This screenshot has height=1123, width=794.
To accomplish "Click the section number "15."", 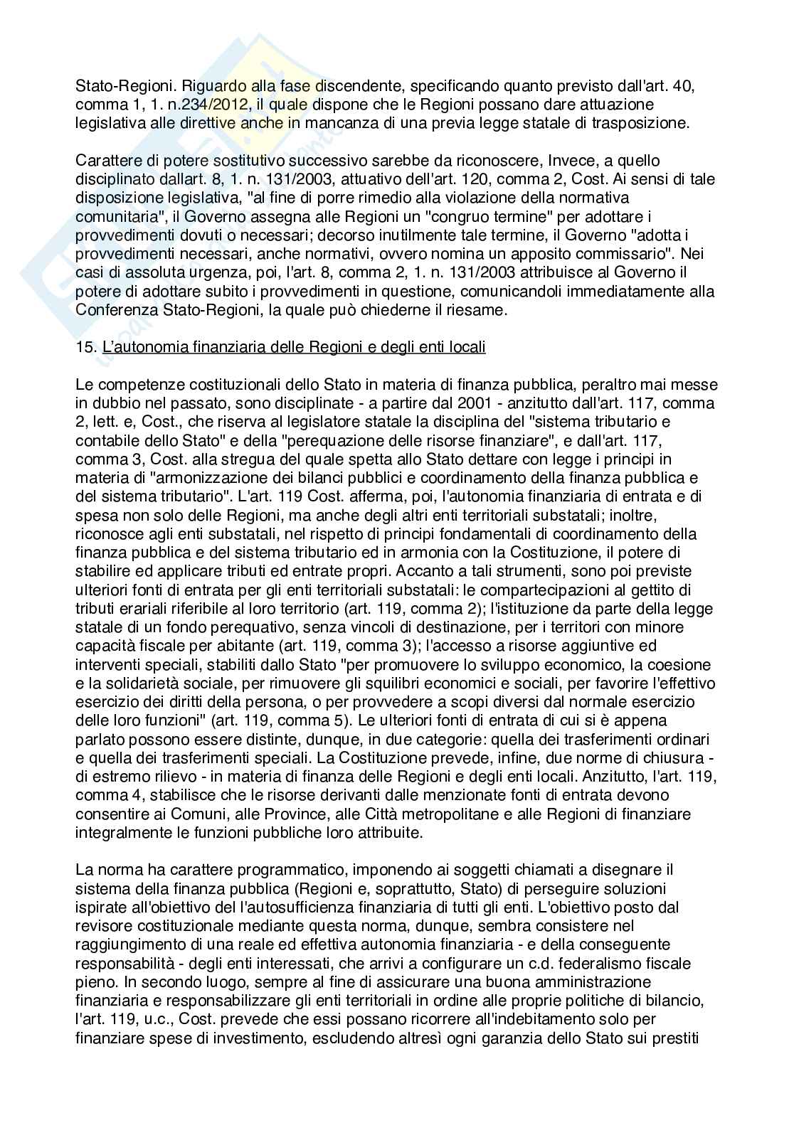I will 85,347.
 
